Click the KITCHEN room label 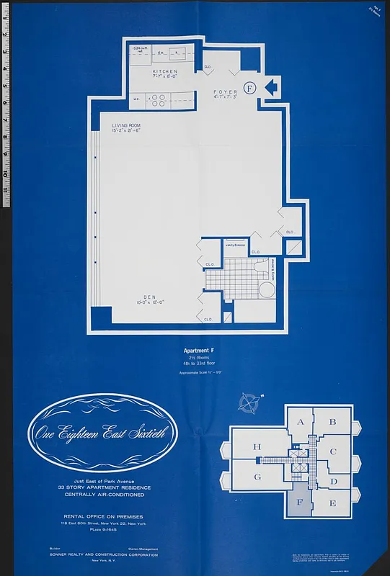[x=164, y=72]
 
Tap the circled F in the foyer [x=249, y=88]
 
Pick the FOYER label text [x=225, y=93]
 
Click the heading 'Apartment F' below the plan [x=195, y=351]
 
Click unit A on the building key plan [x=301, y=423]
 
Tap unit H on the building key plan [x=257, y=447]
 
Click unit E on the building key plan [x=333, y=503]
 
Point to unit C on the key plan [x=333, y=452]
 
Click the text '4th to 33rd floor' [x=195, y=364]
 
